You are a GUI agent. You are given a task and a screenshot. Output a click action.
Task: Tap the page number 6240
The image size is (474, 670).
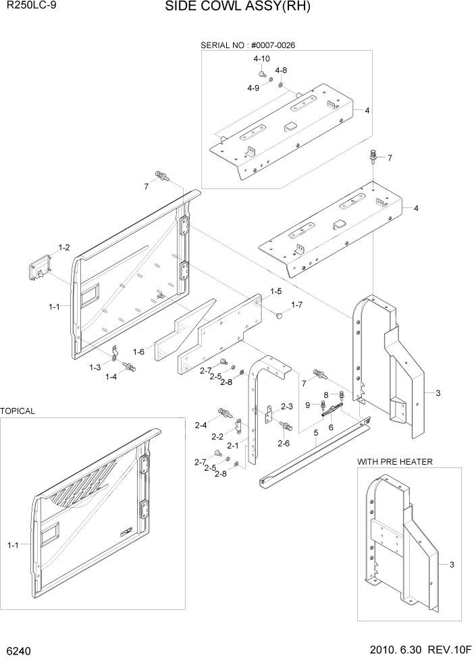19,653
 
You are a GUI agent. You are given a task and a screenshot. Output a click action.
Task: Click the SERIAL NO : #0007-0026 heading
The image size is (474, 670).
248,45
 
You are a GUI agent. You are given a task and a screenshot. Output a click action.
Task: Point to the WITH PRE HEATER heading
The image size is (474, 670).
395,461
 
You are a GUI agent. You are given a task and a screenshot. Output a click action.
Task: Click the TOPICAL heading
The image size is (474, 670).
18,411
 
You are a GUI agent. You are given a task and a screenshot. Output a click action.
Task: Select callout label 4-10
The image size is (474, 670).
262,59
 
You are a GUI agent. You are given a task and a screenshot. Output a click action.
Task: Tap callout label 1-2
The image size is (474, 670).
64,248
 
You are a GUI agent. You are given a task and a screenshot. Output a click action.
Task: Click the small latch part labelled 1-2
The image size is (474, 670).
40,269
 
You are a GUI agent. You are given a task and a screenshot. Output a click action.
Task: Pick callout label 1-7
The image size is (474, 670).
298,306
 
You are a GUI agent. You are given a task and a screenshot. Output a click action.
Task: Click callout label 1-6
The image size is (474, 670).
139,351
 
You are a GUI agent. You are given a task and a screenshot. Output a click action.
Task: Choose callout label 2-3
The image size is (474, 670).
286,407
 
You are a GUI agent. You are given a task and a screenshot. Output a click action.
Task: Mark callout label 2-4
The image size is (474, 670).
201,425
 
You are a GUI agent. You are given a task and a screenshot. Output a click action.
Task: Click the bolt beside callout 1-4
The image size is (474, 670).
131,367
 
